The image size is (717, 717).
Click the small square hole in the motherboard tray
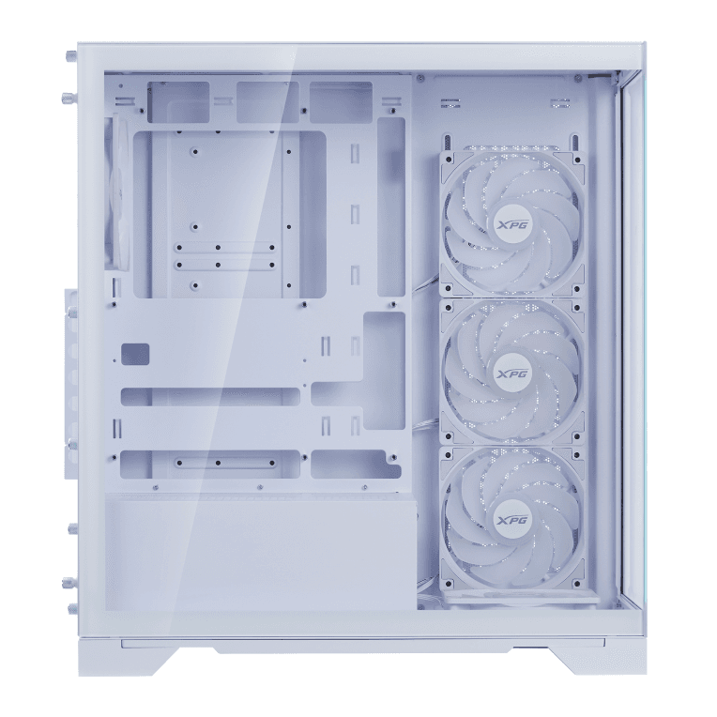[135, 354]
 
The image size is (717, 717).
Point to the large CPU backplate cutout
[230, 214]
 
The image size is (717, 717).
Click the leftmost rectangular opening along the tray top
[178, 101]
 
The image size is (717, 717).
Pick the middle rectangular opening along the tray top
[267, 101]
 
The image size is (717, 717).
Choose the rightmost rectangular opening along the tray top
[340, 101]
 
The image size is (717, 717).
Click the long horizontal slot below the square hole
[210, 397]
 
